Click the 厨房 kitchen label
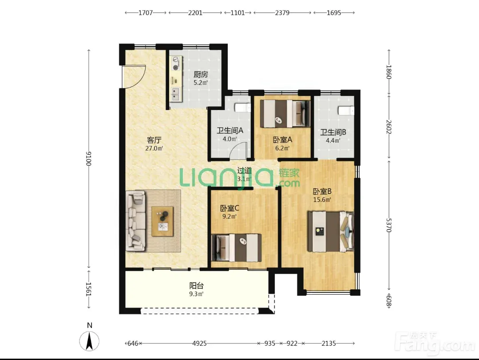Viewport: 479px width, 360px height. point(201,74)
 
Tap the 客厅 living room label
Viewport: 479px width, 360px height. point(154,140)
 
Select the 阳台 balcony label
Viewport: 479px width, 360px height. point(196,286)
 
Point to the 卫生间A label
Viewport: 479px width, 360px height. point(230,131)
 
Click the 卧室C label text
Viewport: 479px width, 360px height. point(230,208)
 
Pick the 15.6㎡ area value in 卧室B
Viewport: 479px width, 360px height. point(322,200)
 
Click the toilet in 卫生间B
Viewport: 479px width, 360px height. point(346,110)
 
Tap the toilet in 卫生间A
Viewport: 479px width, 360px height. point(243,108)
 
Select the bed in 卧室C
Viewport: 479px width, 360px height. point(237,248)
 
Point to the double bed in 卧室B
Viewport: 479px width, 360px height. point(331,232)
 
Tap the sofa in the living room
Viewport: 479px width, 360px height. point(135,221)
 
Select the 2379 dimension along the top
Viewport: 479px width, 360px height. point(282,13)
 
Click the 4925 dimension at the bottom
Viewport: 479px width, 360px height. point(199,344)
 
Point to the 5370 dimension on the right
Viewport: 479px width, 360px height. point(388,225)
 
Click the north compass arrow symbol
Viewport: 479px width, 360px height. point(89,341)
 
